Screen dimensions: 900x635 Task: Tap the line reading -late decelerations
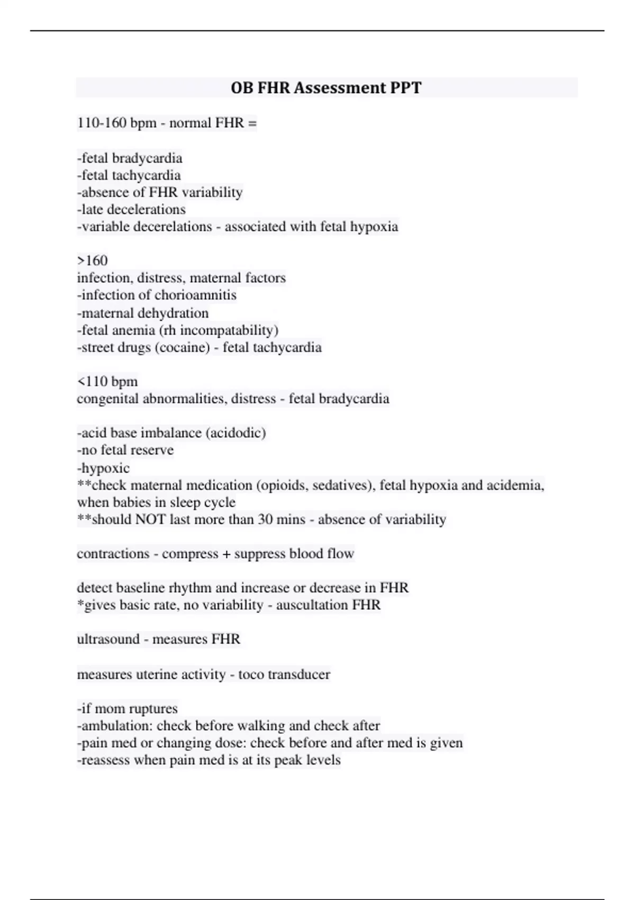131,209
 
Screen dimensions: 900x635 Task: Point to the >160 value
93,260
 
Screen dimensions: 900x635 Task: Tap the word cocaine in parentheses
183,347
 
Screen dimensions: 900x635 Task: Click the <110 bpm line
107,382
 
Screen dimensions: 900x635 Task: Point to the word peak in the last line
288,760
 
